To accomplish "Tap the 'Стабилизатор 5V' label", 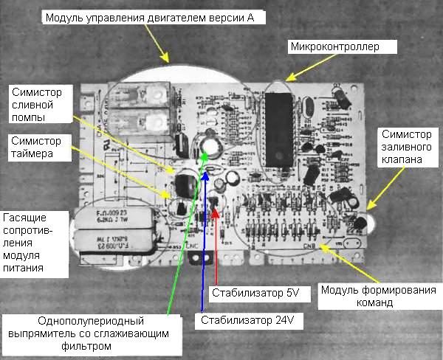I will point(255,293).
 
